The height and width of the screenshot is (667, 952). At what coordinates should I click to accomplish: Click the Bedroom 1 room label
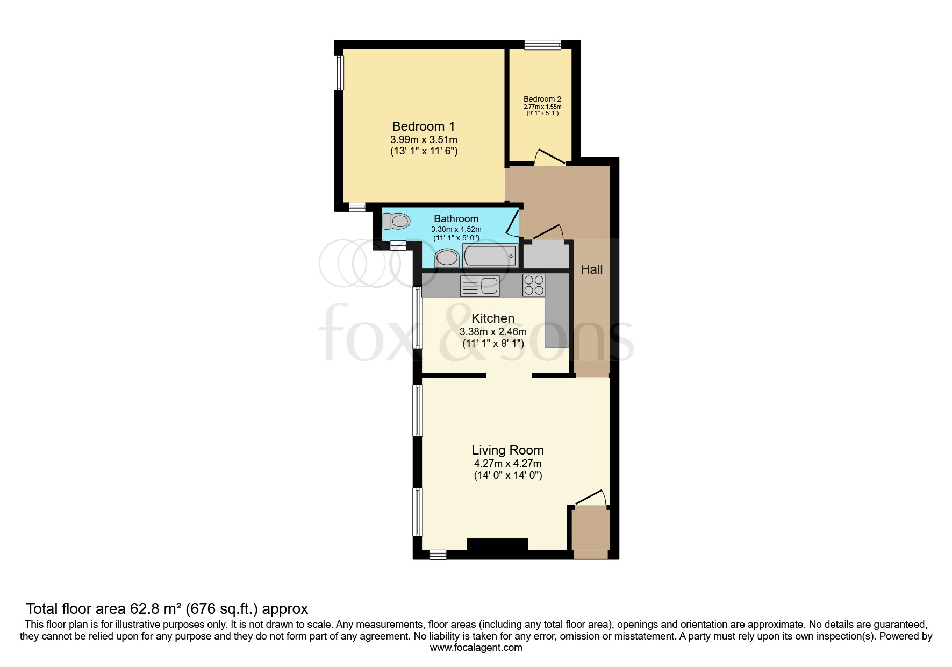pyautogui.click(x=424, y=126)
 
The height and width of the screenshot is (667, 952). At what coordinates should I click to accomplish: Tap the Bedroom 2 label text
pyautogui.click(x=542, y=99)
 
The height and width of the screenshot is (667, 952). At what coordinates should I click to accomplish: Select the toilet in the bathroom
pyautogui.click(x=396, y=221)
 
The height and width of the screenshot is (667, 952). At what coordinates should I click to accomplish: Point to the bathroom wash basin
pyautogui.click(x=447, y=258)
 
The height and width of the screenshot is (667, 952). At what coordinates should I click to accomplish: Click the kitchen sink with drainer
pyautogui.click(x=479, y=286)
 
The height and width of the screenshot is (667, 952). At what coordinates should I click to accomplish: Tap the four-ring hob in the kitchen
pyautogui.click(x=534, y=285)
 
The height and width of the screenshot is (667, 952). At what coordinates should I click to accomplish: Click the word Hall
pyautogui.click(x=591, y=269)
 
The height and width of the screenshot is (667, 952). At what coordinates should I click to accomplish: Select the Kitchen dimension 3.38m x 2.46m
pyautogui.click(x=493, y=331)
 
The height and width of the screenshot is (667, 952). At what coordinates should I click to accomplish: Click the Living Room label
pyautogui.click(x=507, y=450)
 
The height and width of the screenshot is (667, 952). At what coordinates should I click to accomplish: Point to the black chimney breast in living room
pyautogui.click(x=497, y=544)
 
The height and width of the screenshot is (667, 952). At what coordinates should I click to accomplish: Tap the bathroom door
pyautogui.click(x=513, y=224)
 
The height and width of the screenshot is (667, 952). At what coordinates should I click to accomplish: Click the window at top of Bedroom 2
pyautogui.click(x=542, y=45)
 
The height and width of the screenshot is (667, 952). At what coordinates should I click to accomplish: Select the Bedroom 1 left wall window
pyautogui.click(x=339, y=73)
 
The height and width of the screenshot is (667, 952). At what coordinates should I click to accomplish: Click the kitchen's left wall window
pyautogui.click(x=417, y=318)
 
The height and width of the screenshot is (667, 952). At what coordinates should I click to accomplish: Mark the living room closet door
pyautogui.click(x=590, y=497)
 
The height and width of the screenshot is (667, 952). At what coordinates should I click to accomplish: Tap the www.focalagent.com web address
pyautogui.click(x=476, y=648)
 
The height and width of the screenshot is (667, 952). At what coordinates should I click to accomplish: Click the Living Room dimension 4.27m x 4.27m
pyautogui.click(x=507, y=463)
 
